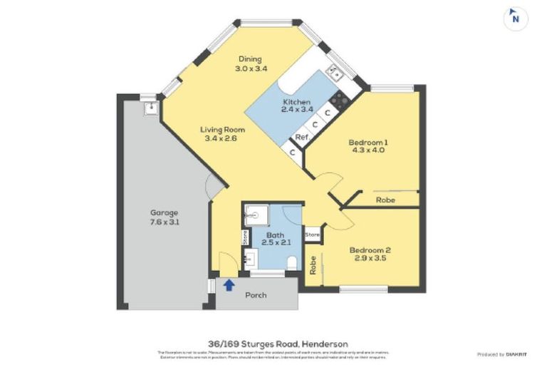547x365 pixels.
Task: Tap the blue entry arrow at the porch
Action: pyautogui.click(x=229, y=285)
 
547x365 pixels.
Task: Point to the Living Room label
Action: pyautogui.click(x=222, y=134)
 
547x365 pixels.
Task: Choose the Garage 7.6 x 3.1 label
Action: pyautogui.click(x=164, y=217)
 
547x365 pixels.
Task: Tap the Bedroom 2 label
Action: pyautogui.click(x=370, y=255)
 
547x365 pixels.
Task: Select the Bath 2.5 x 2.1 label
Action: pyautogui.click(x=275, y=239)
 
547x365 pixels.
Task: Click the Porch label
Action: pyautogui.click(x=256, y=294)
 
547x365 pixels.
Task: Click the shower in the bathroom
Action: pyautogui.click(x=254, y=216)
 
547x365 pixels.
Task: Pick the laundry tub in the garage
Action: pyautogui.click(x=150, y=108)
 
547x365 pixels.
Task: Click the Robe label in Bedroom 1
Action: pyautogui.click(x=386, y=200)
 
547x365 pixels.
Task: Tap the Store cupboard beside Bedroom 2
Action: pyautogui.click(x=312, y=234)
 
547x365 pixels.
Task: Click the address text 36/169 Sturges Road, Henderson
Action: pyautogui.click(x=273, y=343)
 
